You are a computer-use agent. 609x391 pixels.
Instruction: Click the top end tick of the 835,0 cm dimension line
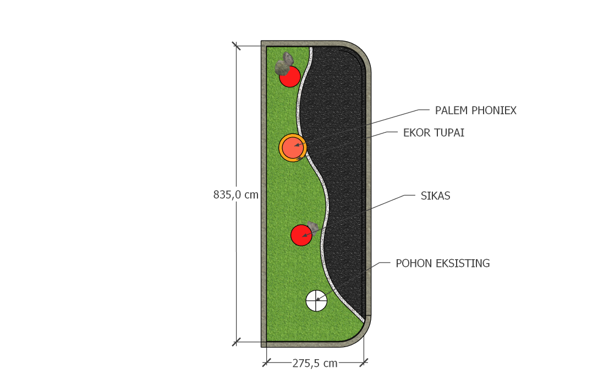pos(236,46)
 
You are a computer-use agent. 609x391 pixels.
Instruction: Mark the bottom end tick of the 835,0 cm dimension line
pos(236,342)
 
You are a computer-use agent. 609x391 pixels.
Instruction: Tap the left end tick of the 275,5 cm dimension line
pos(266,362)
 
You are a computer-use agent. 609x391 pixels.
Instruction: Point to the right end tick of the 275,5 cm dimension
pos(364,362)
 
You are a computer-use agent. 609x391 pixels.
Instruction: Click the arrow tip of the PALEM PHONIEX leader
pos(294,146)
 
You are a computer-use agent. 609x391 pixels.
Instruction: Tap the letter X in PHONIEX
pos(513,111)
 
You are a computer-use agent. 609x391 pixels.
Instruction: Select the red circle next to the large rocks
pos(290,76)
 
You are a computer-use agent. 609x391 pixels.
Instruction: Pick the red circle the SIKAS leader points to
pos(301,235)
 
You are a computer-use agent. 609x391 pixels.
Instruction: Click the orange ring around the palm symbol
pos(293,148)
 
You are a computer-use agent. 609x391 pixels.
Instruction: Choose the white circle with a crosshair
pos(316,301)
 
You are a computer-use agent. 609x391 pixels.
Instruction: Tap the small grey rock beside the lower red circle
pos(312,227)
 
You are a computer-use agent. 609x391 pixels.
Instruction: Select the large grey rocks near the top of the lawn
pos(284,64)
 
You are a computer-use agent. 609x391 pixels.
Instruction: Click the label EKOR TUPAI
pos(434,133)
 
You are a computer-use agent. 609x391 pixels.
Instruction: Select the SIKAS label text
pos(435,195)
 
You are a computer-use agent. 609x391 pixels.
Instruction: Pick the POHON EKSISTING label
pos(443,264)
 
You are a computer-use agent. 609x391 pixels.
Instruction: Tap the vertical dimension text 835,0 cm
pos(236,194)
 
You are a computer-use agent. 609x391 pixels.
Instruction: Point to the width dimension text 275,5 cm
pos(315,364)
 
